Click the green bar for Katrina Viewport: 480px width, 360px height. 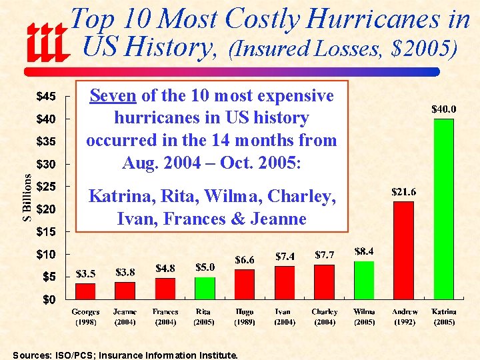[443, 209]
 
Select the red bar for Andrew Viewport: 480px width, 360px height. [403, 250]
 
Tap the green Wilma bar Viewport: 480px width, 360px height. [364, 280]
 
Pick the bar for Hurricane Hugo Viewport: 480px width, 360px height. [244, 284]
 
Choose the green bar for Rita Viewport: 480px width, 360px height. [205, 288]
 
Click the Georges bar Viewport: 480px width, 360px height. [85, 291]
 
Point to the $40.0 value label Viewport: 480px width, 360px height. [443, 109]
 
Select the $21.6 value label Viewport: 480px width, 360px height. [403, 192]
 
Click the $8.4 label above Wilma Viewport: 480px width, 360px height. [364, 251]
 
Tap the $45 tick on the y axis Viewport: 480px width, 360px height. [46, 97]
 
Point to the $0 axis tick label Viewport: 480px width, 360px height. [49, 299]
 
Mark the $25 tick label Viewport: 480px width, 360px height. [46, 187]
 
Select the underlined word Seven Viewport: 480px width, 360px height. [113, 96]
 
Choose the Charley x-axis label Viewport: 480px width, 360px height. [324, 312]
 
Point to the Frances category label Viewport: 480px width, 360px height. [165, 312]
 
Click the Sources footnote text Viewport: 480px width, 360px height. [125, 355]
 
